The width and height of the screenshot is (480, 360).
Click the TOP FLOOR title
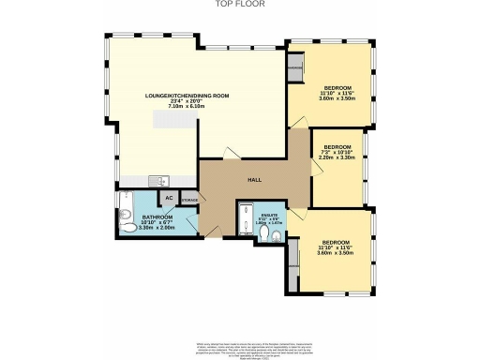click(x=240, y=4)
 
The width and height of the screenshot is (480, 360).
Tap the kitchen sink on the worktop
click(x=160, y=180)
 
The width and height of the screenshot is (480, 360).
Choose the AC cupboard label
click(x=169, y=198)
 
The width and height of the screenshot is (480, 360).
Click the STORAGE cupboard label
click(x=188, y=200)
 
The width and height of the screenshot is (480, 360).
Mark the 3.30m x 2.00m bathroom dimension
click(x=131, y=227)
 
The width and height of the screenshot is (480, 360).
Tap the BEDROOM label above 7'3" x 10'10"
click(x=337, y=146)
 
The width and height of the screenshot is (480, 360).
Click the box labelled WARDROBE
click(x=294, y=69)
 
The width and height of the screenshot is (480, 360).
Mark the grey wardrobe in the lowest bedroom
click(x=294, y=253)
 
